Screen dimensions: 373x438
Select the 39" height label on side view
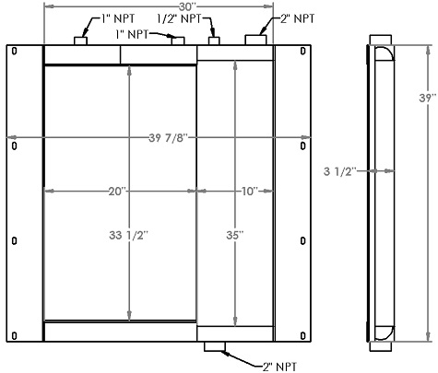(x=425, y=98)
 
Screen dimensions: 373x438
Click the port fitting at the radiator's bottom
(x=214, y=347)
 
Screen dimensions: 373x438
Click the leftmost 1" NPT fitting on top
(x=80, y=41)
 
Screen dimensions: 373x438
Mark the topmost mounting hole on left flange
(x=13, y=52)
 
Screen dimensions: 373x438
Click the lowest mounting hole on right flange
(x=304, y=333)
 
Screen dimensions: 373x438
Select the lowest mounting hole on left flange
(x=13, y=333)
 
